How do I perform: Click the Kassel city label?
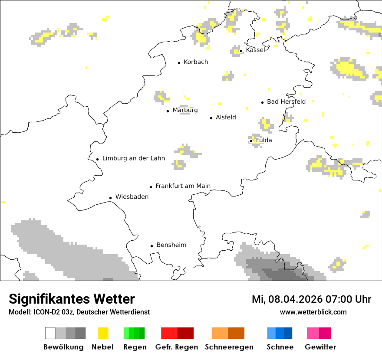[x=255, y=50]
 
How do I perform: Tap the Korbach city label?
[x=196, y=62]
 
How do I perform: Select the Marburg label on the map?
[x=185, y=110]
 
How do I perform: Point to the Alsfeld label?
[x=226, y=118]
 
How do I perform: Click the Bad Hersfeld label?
[x=286, y=102]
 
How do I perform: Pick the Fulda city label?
[x=264, y=141]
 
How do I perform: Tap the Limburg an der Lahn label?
[x=134, y=158]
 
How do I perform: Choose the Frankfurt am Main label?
[x=183, y=186]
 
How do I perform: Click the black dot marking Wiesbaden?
[x=110, y=198]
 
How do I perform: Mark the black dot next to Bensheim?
[x=151, y=246]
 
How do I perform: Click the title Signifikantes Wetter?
[x=72, y=299]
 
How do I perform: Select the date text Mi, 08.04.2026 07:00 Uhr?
[x=311, y=299]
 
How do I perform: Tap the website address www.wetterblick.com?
[x=313, y=312]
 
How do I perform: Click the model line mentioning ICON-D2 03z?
[x=79, y=312]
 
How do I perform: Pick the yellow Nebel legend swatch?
[x=103, y=333]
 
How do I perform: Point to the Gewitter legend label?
[x=320, y=347]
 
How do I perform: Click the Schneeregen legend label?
[x=229, y=347]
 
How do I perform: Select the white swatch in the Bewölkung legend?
[x=50, y=333]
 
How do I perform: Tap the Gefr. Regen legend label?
[x=177, y=347]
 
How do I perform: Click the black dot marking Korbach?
[x=179, y=63]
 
